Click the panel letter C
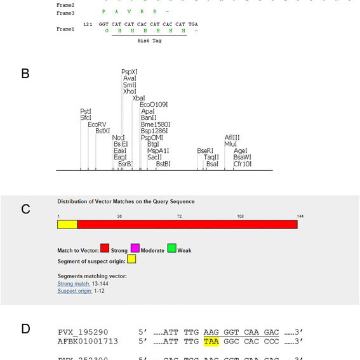25,210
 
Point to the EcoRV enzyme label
97,124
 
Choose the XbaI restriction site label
138,98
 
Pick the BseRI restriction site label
205,150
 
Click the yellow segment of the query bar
67,224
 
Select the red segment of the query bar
187,224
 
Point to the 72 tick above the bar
179,217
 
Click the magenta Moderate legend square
135,248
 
